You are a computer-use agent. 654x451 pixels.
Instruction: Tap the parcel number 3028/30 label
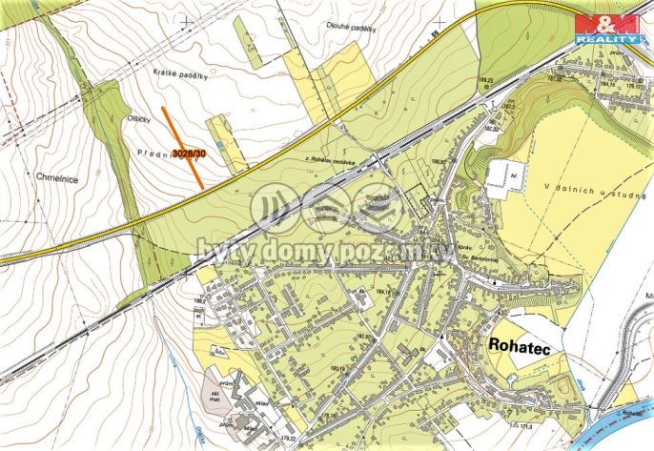190,154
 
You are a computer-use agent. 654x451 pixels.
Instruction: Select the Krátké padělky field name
177,72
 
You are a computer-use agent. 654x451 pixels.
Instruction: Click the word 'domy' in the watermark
291,250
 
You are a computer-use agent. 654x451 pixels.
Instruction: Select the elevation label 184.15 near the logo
611,83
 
